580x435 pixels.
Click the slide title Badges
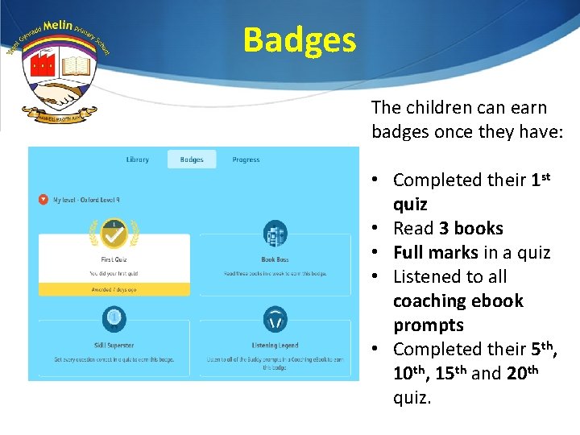click(x=300, y=39)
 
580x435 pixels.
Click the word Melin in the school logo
click(x=58, y=27)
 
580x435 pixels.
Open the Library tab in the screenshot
click(x=138, y=159)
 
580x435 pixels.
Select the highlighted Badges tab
click(x=192, y=159)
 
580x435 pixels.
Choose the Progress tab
click(x=246, y=159)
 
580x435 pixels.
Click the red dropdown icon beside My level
click(x=42, y=199)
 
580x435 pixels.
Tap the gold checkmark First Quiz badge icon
click(x=114, y=234)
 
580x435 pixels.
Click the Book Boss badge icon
click(x=275, y=234)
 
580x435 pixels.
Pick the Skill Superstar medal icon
click(x=114, y=319)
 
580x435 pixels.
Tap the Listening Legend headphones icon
click(x=275, y=319)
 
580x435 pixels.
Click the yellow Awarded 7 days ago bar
click(x=114, y=288)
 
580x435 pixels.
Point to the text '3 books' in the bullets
click(x=470, y=229)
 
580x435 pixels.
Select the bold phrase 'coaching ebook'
click(x=458, y=301)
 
